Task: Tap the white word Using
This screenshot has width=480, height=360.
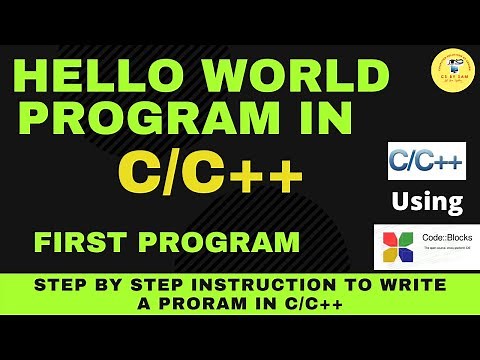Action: [427, 202]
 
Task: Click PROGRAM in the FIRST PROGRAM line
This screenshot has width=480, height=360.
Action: [215, 242]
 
